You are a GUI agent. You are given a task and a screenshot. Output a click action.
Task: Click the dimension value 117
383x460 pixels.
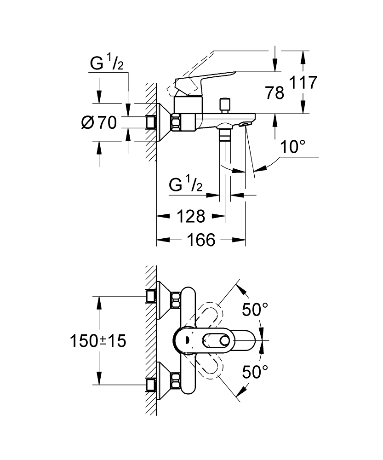tap(303, 83)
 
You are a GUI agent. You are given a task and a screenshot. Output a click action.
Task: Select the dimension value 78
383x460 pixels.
tap(274, 93)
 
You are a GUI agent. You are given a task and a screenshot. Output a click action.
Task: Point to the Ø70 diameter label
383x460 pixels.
tap(98, 122)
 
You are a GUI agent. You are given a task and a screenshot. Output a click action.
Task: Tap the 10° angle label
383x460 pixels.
tap(293, 148)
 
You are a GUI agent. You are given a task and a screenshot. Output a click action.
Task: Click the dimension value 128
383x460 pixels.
tap(191, 216)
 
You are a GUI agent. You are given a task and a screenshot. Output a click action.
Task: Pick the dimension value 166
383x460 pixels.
tap(202, 240)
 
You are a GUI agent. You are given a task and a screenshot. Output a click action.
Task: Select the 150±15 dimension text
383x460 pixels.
tap(98, 341)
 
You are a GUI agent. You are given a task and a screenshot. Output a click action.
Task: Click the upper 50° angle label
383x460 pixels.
tap(255, 310)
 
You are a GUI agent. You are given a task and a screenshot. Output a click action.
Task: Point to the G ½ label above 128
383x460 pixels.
tap(186, 185)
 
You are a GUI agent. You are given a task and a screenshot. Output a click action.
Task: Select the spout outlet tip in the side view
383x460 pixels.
tap(246, 124)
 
